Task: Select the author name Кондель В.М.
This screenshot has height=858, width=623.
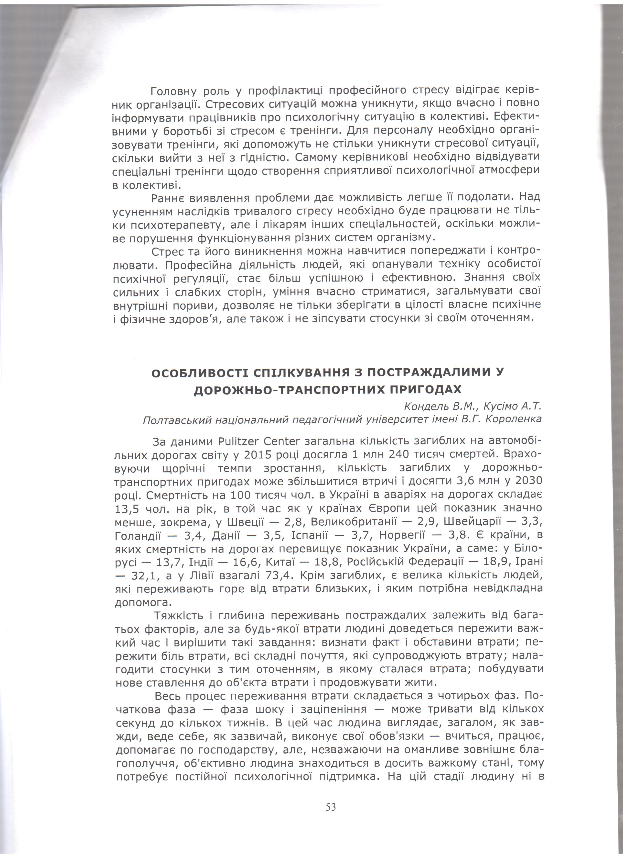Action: (x=436, y=407)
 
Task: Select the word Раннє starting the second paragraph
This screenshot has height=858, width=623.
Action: (x=167, y=198)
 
